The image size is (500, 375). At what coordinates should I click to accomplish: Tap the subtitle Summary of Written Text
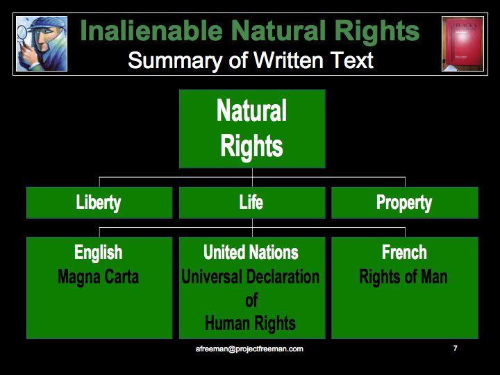pyautogui.click(x=251, y=60)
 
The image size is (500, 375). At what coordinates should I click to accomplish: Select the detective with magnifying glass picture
pyautogui.click(x=42, y=44)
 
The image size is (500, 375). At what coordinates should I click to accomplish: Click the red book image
pyautogui.click(x=462, y=44)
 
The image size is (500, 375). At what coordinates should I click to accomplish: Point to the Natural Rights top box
pyautogui.click(x=252, y=128)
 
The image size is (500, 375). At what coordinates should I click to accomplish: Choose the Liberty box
pyautogui.click(x=99, y=203)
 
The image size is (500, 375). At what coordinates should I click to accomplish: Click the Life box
pyautogui.click(x=251, y=203)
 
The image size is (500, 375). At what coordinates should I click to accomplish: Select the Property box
pyautogui.click(x=404, y=203)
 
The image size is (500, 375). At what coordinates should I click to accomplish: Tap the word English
pyautogui.click(x=99, y=252)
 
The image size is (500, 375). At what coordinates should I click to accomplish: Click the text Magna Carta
pyautogui.click(x=99, y=277)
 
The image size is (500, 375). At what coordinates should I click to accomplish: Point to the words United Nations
pyautogui.click(x=251, y=252)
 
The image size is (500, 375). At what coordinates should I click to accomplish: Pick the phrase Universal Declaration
pyautogui.click(x=251, y=277)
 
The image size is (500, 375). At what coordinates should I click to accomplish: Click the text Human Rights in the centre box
pyautogui.click(x=251, y=323)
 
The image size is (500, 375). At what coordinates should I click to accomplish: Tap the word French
pyautogui.click(x=404, y=252)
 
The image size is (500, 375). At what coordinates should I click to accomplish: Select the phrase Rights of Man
pyautogui.click(x=403, y=277)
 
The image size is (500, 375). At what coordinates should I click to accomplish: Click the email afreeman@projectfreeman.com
pyautogui.click(x=249, y=349)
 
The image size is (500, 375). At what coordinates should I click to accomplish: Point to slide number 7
pyautogui.click(x=455, y=348)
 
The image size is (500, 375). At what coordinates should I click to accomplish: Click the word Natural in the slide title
pyautogui.click(x=274, y=31)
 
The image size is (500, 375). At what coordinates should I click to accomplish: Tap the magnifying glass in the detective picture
pyautogui.click(x=22, y=32)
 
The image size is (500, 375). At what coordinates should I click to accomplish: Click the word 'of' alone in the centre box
pyautogui.click(x=251, y=300)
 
